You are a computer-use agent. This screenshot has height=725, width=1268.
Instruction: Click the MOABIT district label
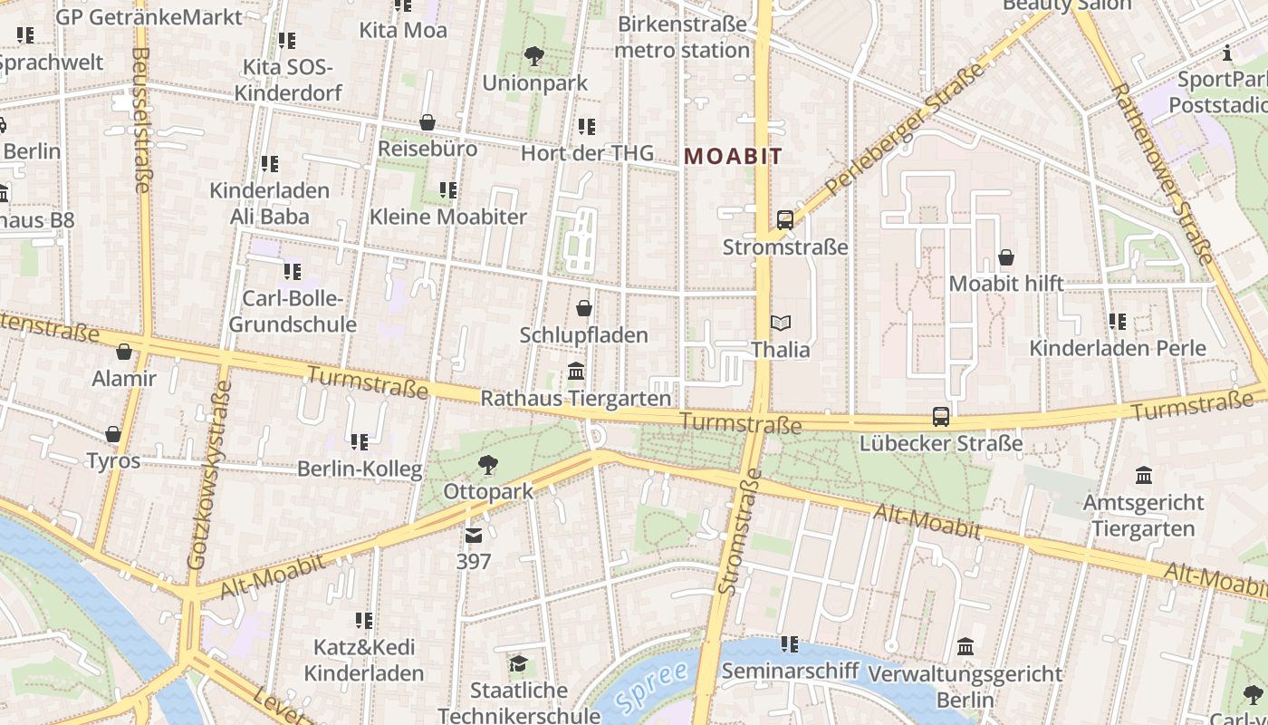pos(733,156)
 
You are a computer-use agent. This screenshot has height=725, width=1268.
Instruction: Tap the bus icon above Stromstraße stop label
pos(784,219)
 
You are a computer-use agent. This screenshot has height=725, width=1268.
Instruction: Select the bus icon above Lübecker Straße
pos(941,417)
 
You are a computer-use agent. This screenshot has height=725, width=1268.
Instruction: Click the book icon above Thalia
pos(780,323)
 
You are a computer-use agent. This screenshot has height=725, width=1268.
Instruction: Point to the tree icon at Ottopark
pos(488,465)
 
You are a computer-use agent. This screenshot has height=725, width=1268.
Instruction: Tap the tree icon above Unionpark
pos(534,56)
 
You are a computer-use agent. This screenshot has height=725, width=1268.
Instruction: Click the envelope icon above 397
pos(474,536)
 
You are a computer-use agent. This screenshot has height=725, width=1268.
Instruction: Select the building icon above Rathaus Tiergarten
pos(576,372)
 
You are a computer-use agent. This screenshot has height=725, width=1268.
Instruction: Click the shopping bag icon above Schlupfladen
pos(584,308)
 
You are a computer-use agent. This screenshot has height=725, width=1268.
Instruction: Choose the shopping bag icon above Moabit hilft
pos(1005,257)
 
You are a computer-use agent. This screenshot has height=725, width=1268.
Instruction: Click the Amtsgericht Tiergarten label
pos(1143,515)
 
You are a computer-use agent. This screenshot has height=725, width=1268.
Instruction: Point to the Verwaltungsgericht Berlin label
pos(965,687)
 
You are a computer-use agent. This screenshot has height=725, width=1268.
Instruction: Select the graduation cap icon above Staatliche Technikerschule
pos(517,664)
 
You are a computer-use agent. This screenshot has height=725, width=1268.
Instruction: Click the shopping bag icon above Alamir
pos(124,352)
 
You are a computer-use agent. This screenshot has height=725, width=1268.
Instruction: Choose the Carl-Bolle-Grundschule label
pos(292,311)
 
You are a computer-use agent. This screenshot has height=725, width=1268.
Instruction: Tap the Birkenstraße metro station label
pos(682,36)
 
